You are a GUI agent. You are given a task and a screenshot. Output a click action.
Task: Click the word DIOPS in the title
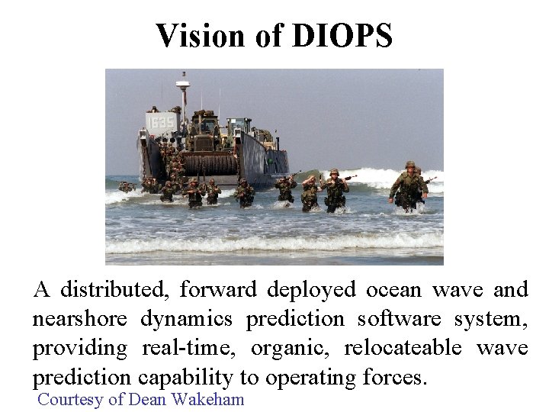pyautogui.click(x=342, y=36)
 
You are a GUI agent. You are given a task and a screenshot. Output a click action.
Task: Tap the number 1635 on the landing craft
pyautogui.click(x=161, y=122)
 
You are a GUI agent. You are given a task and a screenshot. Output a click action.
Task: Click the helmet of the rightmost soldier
pyautogui.click(x=410, y=165)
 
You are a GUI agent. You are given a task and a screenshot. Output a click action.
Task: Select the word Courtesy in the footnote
pyautogui.click(x=69, y=398)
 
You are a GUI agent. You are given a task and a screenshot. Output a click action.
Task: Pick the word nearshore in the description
pyautogui.click(x=82, y=319)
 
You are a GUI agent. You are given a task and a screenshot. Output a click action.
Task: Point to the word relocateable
pyautogui.click(x=403, y=348)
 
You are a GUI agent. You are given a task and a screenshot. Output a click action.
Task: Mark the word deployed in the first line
pyautogui.click(x=311, y=290)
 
